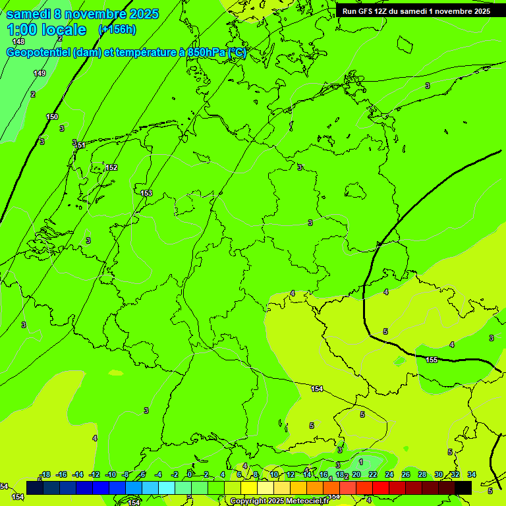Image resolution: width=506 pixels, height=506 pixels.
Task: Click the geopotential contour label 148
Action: coord(18,42)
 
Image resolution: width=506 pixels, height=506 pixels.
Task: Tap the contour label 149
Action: coord(40,73)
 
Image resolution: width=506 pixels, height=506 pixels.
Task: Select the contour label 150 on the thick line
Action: coord(52,117)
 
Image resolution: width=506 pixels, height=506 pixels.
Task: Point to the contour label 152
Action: coord(111,167)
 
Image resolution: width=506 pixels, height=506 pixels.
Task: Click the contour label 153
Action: coord(146,193)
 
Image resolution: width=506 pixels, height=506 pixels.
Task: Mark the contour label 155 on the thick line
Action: coord(432,360)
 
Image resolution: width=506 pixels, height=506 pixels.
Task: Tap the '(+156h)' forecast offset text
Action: coord(117,30)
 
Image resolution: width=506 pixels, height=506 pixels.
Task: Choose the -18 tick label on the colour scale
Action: coord(45,474)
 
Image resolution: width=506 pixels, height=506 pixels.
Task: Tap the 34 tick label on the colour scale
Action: coord(472,474)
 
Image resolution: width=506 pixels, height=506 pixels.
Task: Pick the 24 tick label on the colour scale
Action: coord(389,474)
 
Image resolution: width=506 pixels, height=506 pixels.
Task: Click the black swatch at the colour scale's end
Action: coord(463,488)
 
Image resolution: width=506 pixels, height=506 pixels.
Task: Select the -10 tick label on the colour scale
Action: coord(110,474)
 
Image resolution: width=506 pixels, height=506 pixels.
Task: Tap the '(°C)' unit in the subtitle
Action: coord(237,53)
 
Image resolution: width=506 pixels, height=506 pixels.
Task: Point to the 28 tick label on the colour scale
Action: coord(422,474)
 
